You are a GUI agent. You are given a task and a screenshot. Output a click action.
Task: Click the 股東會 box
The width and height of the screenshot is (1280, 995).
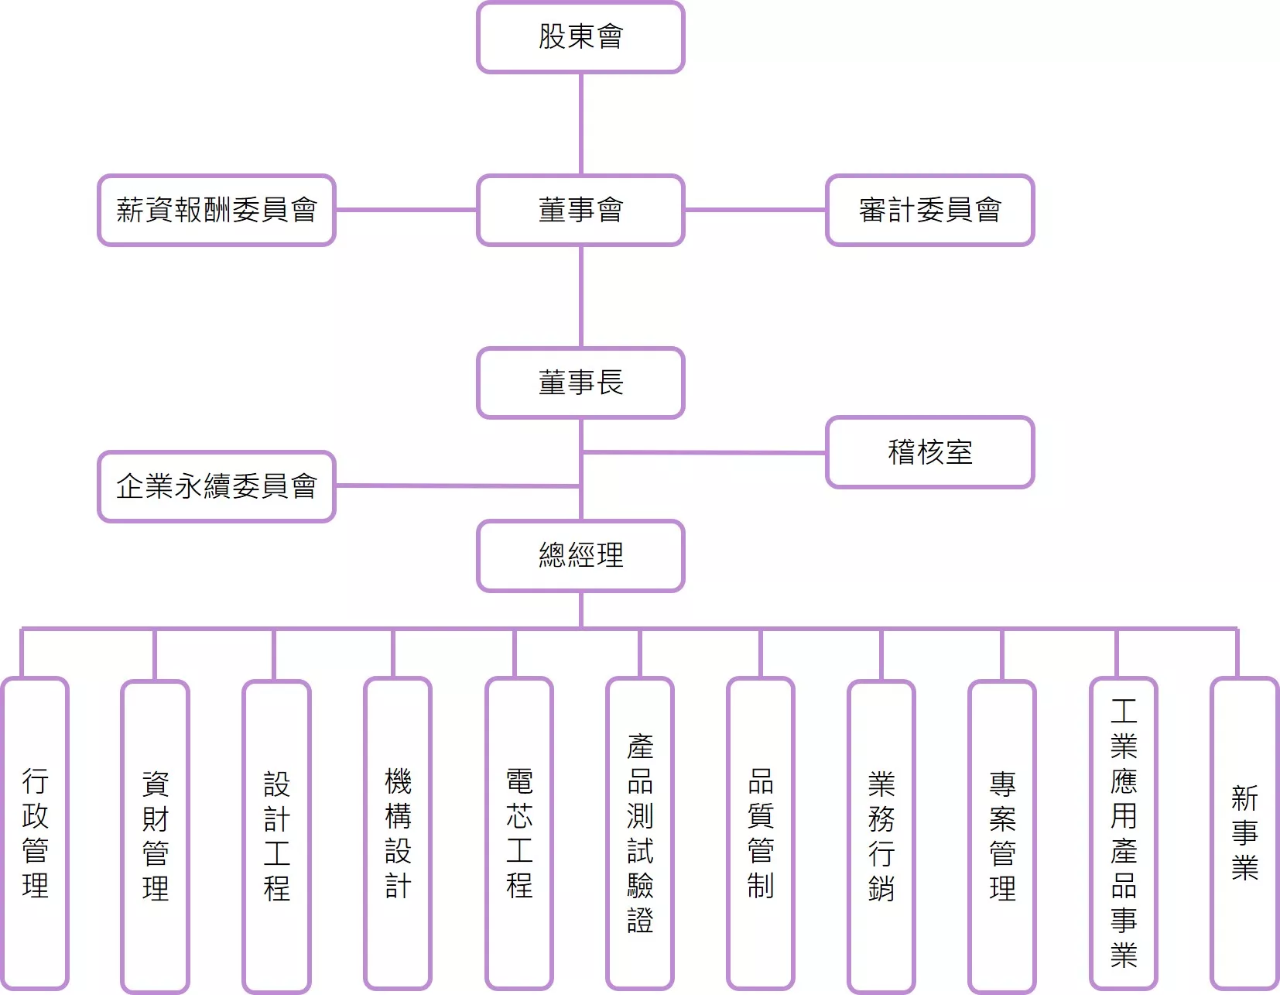(x=580, y=37)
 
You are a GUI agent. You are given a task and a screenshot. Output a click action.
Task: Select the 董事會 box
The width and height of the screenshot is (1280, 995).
(x=580, y=210)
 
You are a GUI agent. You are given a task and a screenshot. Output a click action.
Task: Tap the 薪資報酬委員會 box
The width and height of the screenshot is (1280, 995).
(x=217, y=210)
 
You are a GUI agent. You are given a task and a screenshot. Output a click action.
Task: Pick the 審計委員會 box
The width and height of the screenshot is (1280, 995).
(x=929, y=210)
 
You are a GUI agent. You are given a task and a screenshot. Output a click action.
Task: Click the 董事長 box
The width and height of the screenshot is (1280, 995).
(x=580, y=383)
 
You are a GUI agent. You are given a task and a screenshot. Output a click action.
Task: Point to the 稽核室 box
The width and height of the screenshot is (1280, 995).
(x=929, y=452)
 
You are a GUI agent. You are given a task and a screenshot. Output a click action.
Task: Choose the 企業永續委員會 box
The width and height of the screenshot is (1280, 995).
(x=217, y=486)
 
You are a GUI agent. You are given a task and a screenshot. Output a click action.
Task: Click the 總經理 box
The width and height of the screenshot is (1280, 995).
(x=580, y=555)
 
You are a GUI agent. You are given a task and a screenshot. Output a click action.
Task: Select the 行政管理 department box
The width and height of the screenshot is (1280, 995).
(x=36, y=833)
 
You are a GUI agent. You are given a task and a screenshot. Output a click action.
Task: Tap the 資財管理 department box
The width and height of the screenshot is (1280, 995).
(x=156, y=836)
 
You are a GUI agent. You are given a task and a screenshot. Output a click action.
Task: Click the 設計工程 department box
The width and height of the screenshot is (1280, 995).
(x=276, y=836)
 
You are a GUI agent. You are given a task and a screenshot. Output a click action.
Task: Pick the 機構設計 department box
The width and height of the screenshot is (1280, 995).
(x=398, y=833)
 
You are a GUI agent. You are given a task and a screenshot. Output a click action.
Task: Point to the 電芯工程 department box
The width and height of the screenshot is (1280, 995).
(x=519, y=833)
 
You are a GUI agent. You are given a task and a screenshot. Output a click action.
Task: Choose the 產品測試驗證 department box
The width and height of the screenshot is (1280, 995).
(x=640, y=833)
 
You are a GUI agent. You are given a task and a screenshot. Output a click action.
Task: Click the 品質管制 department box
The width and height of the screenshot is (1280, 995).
(x=761, y=833)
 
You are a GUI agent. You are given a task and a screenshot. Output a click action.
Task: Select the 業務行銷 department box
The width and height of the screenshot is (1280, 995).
(x=881, y=836)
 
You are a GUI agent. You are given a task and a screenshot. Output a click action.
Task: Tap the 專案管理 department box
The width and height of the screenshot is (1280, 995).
(x=1002, y=836)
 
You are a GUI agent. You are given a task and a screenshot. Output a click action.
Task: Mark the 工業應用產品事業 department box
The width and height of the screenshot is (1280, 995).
(x=1124, y=833)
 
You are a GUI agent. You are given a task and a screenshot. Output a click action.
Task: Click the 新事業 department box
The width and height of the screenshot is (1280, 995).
(x=1244, y=833)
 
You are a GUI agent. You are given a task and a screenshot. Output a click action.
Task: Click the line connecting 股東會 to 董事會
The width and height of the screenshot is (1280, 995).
(x=581, y=124)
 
